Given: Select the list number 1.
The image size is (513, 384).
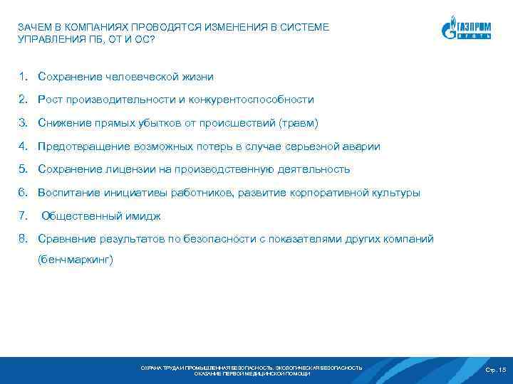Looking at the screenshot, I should [24, 76].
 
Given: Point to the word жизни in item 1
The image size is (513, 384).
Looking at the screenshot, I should [197, 76].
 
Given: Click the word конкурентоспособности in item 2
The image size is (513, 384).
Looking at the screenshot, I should [250, 100].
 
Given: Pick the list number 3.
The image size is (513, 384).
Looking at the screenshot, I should [24, 123].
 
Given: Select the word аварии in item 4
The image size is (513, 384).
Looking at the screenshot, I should [361, 146].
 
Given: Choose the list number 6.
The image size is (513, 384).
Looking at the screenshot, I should [24, 193].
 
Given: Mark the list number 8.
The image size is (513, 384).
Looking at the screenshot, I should [24, 239].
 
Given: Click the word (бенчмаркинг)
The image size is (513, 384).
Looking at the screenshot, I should [76, 260].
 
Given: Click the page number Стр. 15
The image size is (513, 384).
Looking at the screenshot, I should [494, 370].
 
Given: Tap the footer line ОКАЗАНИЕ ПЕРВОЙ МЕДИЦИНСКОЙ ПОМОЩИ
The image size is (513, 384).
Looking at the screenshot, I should [252, 373].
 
